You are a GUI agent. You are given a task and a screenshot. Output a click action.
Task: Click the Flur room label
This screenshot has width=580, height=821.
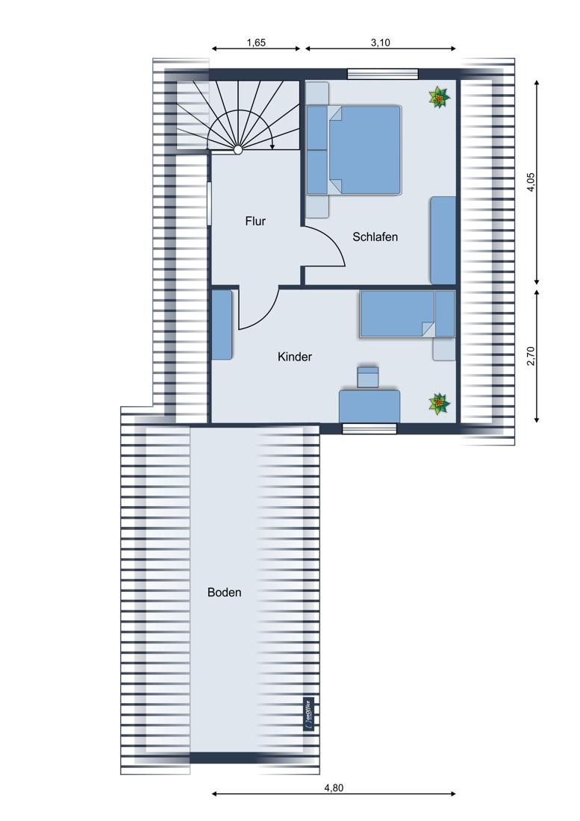coord(255,222)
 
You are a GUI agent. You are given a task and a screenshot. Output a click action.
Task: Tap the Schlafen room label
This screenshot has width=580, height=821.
coord(375,237)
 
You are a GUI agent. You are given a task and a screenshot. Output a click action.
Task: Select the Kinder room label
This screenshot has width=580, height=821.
coord(295,357)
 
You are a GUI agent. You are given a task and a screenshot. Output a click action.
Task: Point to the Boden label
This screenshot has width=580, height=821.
coord(225,593)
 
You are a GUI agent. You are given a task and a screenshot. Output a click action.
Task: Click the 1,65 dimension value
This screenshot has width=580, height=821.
coord(256,43)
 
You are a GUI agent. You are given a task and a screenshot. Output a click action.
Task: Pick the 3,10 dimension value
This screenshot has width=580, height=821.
coord(381,43)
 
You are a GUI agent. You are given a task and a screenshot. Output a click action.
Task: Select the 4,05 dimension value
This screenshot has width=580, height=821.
coord(531,182)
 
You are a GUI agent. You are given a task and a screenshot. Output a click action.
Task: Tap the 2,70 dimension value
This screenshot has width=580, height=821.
coord(531,355)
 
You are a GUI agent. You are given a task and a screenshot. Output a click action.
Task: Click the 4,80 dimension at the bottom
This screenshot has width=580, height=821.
coord(334,788)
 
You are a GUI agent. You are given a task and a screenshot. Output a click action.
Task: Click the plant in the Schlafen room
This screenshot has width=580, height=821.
coord(439,97)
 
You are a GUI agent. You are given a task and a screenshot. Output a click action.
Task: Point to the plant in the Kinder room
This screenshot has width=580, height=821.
coord(439,404)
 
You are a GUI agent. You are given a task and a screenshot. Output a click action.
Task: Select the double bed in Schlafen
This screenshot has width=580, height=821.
coord(355,150)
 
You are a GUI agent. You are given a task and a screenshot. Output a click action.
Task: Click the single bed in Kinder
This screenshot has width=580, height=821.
coord(407,313)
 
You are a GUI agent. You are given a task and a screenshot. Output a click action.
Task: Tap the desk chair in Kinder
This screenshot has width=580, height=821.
coord(367,377)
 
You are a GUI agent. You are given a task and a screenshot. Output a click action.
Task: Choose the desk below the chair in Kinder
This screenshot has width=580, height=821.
coord(369,406)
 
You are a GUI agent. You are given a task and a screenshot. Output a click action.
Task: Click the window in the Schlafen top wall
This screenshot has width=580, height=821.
coord(383,74)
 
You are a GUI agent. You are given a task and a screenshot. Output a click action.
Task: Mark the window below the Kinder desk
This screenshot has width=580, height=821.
coord(369,429)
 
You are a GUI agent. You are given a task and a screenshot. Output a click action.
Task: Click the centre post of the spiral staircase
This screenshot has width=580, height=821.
coord(237,150)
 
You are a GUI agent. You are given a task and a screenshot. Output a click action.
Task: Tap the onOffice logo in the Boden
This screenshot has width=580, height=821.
coord(308,715)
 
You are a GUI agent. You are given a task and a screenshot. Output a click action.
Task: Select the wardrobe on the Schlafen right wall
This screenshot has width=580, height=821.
coord(443,240)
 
